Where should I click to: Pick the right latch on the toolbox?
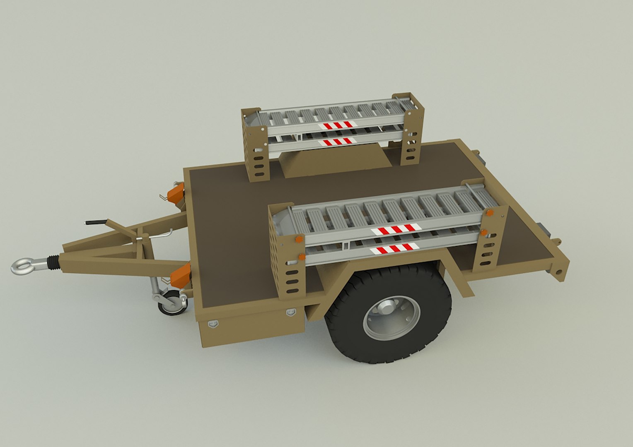click(x=291, y=312)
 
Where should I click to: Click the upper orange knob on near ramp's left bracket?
click(x=298, y=239)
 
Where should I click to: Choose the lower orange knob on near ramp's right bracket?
click(x=484, y=232)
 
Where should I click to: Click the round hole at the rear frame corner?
click(x=559, y=272)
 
